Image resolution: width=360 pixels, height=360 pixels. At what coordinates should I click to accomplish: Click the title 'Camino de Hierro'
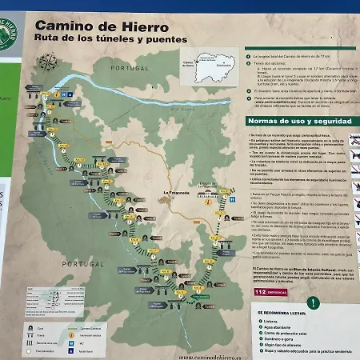[90, 25]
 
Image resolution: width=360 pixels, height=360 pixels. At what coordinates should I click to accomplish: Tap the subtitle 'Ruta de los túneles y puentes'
[110, 39]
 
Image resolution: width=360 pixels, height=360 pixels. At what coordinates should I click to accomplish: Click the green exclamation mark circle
[314, 302]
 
